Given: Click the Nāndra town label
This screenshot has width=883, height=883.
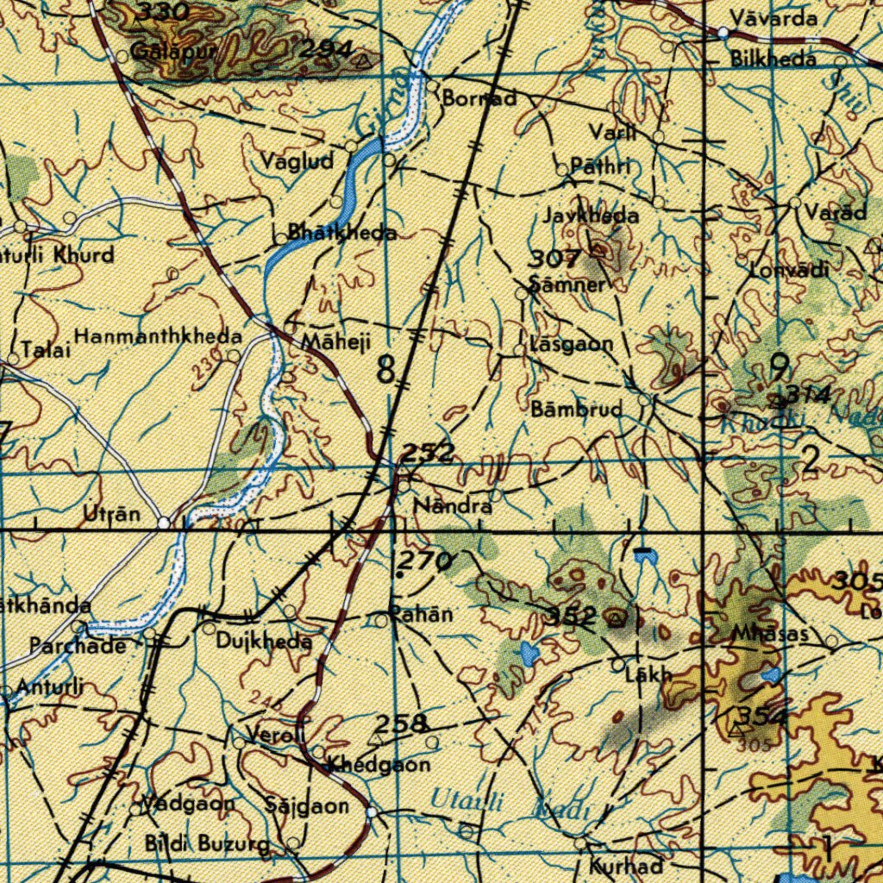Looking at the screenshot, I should tap(454, 506).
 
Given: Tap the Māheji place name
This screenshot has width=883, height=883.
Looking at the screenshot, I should tap(335, 342).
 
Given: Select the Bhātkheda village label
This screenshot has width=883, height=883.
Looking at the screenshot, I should tap(342, 232).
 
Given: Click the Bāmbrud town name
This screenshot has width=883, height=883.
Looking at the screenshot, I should tap(577, 410).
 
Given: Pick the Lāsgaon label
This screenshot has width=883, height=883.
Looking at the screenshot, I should tap(573, 344).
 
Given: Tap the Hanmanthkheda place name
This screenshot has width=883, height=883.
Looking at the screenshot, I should tap(158, 336).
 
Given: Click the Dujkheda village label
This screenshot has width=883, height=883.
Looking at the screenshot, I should tap(264, 642).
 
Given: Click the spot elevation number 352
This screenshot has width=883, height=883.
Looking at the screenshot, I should tap(573, 615).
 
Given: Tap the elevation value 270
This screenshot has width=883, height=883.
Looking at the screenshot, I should tap(425, 562).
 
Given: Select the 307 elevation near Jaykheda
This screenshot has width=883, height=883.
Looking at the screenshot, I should tap(554, 258).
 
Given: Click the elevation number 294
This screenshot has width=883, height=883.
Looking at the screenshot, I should tap(325, 51).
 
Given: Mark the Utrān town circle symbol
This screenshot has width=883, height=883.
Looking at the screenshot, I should tap(165, 523).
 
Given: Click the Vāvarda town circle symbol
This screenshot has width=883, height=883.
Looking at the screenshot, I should tap(723, 33).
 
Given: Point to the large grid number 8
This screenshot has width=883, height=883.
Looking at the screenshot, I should tap(386, 370).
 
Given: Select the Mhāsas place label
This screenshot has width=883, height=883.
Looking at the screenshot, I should tap(770, 634).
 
